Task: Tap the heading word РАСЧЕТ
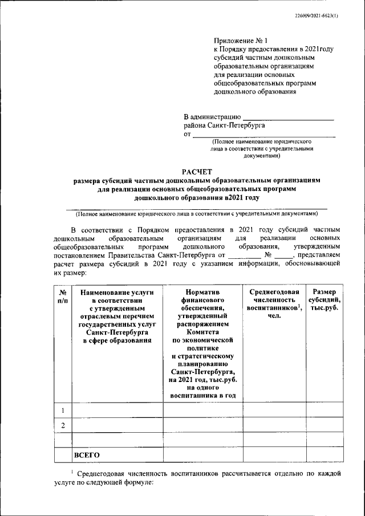point(197,170)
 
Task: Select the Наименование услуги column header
point(116,316)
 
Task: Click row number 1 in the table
point(62,409)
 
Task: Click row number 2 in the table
point(62,425)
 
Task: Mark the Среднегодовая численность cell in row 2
point(274,425)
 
